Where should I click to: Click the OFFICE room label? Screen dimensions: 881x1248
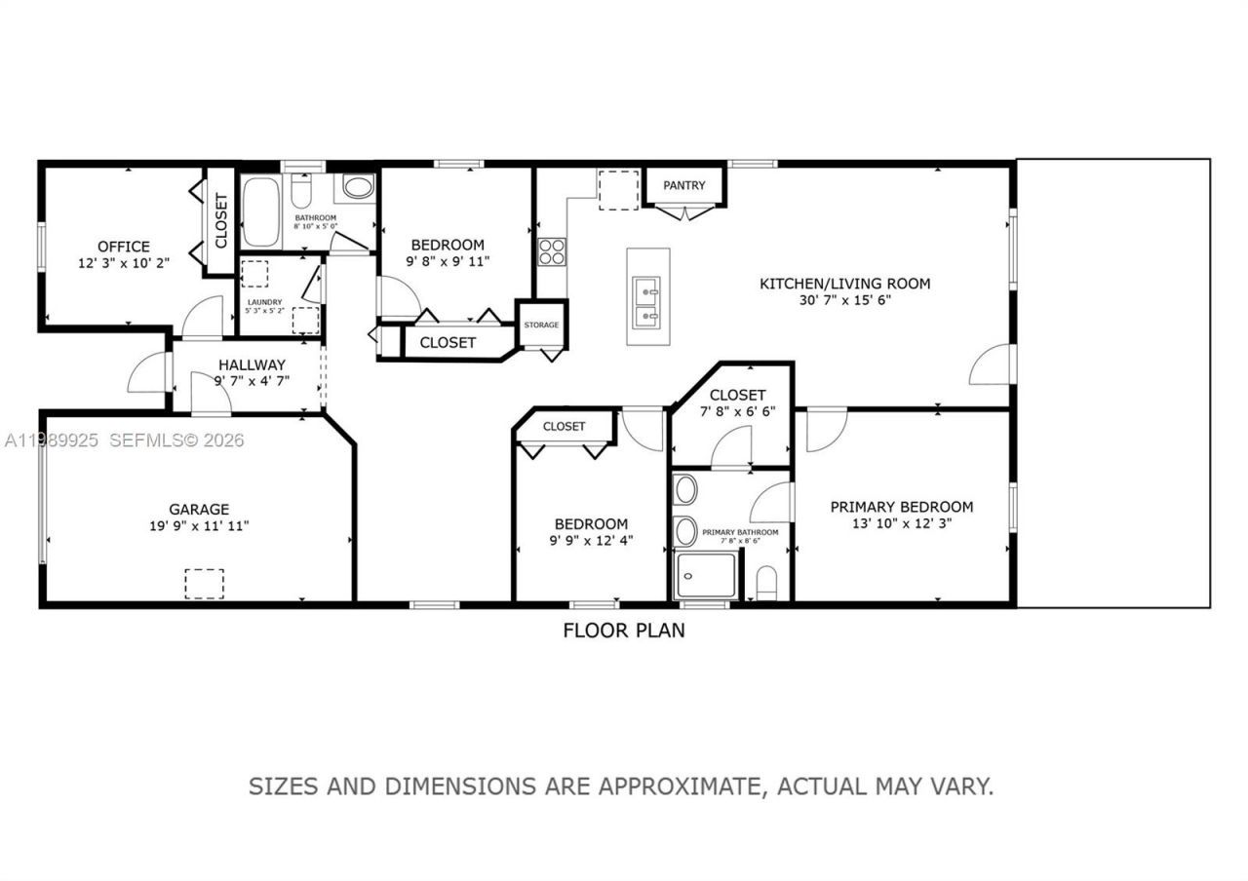pos(124,247)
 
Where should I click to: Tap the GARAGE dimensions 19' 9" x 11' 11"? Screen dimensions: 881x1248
pos(199,526)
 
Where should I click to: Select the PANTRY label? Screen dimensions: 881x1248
pos(684,185)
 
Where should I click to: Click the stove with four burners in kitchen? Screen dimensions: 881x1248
pos(552,251)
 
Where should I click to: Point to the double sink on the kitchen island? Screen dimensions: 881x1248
pos(646,302)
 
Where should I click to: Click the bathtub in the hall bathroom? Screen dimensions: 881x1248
pos(260,211)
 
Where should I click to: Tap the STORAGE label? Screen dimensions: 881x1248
pos(541,325)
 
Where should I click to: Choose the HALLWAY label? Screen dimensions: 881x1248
pos(252,365)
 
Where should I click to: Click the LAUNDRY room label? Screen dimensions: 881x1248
pos(264,302)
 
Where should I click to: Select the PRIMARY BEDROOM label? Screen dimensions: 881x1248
pos(901,507)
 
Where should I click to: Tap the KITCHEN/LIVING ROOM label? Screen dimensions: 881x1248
pos(844,284)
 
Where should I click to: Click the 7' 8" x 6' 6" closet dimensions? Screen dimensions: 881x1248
pos(737,411)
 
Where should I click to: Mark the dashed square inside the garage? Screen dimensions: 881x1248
pos(204,583)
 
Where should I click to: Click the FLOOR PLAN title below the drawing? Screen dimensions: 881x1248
pos(623,631)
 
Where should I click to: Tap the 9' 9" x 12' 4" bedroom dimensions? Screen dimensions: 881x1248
pos(591,540)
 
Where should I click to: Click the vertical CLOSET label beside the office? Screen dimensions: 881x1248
pos(221,220)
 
